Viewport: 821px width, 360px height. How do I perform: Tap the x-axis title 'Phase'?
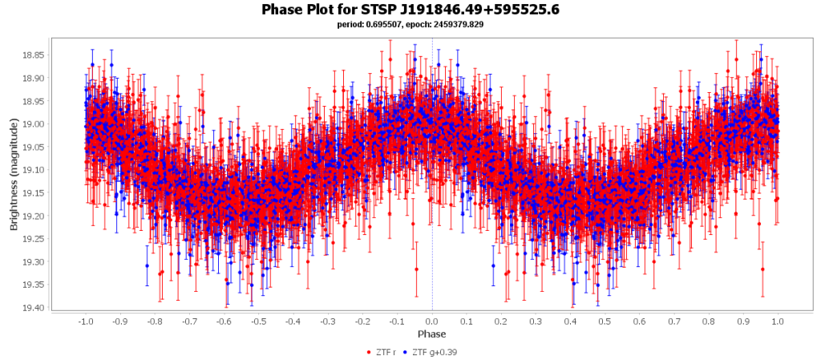tap(431, 333)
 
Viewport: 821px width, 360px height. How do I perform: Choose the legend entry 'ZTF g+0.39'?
tap(435, 351)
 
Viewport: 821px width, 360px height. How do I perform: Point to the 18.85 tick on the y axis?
tap(34, 55)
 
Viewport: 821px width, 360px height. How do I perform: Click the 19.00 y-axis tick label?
tap(34, 124)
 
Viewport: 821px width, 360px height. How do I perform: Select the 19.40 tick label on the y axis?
tap(34, 308)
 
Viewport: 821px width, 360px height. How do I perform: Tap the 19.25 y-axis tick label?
tap(34, 239)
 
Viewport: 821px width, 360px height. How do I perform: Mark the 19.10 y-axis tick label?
tap(34, 170)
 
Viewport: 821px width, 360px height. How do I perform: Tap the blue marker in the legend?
tap(406, 352)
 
